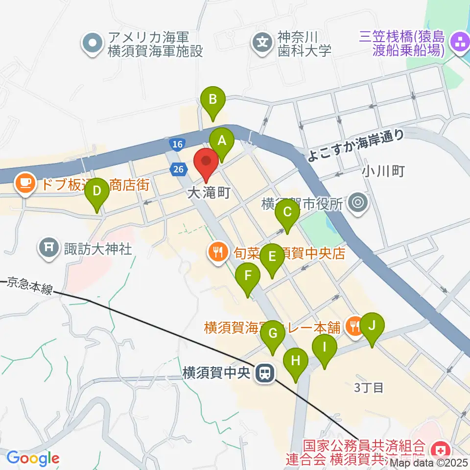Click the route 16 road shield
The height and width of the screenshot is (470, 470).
coord(177,143)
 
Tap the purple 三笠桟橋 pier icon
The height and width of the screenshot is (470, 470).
coord(460,42)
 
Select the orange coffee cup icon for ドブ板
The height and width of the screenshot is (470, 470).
coord(24,183)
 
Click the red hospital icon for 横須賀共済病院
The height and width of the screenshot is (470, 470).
coord(439,449)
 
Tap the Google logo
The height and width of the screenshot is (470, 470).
coord(32,458)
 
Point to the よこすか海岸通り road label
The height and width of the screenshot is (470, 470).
coord(356,145)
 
